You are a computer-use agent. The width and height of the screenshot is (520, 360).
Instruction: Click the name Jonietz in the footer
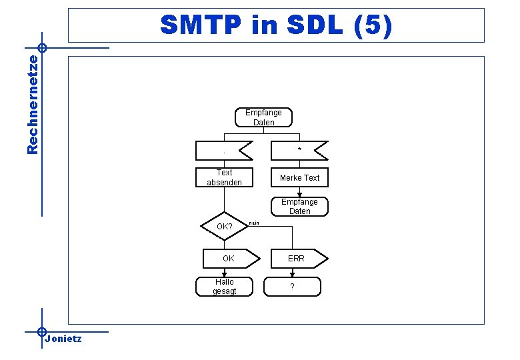[x=63, y=339]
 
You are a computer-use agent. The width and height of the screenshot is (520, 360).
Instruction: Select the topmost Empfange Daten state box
[x=263, y=117]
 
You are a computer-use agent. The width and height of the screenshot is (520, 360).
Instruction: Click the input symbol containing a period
[x=224, y=151]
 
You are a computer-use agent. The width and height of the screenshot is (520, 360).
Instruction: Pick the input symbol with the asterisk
[x=299, y=151]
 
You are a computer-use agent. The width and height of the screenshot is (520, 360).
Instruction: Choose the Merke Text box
[x=299, y=177]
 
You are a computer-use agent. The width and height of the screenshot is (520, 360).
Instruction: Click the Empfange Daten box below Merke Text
[x=299, y=206]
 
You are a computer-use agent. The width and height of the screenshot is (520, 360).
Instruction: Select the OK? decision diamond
[x=224, y=227]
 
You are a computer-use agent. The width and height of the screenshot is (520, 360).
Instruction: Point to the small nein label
[x=254, y=223]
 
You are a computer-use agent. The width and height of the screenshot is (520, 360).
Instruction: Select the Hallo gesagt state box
[x=224, y=286]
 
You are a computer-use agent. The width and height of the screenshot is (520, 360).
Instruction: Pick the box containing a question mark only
[x=292, y=286]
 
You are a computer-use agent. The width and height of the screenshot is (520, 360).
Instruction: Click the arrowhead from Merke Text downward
[x=299, y=195]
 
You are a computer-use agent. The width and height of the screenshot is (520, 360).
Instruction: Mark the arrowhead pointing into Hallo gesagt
[x=225, y=274]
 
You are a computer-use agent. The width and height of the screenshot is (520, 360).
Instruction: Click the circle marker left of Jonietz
[x=41, y=331]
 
